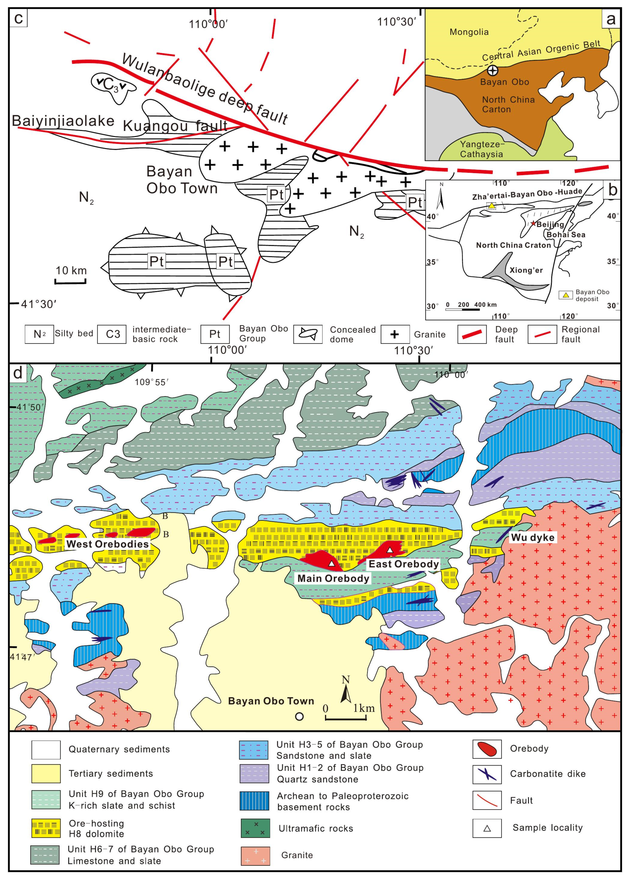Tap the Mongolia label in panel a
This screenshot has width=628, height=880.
pos(469,32)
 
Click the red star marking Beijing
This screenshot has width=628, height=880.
pos(534,223)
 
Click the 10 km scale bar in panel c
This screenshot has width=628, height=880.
pos(71,282)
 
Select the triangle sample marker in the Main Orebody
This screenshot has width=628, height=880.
pos(331,563)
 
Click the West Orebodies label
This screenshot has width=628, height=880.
pos(107,544)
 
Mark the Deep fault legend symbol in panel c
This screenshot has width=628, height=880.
pos(472,334)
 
